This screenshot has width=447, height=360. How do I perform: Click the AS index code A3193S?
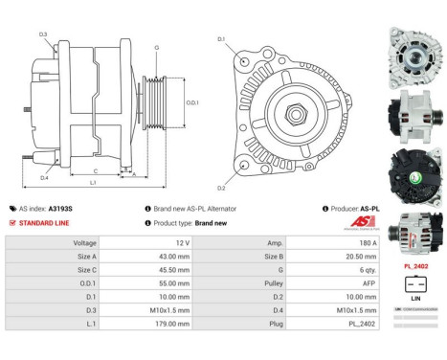pyautogui.click(x=60, y=208)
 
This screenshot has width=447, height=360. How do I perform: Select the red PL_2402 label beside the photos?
pyautogui.click(x=414, y=266)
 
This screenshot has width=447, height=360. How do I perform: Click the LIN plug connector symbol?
pyautogui.click(x=415, y=284)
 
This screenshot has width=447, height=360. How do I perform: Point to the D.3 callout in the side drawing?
pyautogui.click(x=44, y=35)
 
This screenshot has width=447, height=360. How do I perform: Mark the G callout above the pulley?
pyautogui.click(x=157, y=47)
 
